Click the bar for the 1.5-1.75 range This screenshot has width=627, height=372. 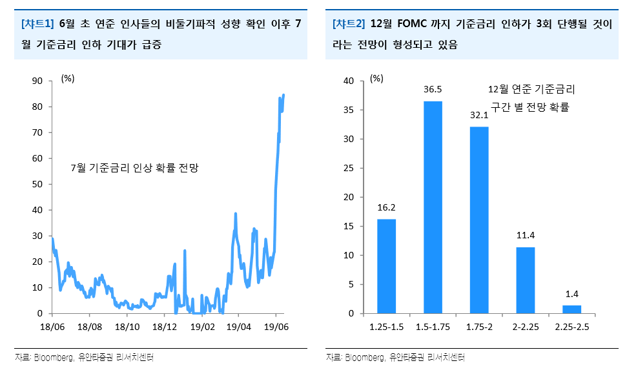433,207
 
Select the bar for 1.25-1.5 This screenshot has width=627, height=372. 386,266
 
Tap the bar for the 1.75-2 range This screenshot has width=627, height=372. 479,220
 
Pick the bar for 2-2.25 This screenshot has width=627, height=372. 526,280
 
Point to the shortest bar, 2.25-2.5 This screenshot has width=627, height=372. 571,309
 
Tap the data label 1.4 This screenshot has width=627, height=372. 571,294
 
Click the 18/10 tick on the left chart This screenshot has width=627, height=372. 127,327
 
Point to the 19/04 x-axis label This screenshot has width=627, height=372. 240,327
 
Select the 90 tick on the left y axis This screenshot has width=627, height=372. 37,81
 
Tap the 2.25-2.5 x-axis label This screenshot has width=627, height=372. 571,327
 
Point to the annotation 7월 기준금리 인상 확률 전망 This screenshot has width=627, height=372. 134,168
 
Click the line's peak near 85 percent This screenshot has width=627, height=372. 284,95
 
